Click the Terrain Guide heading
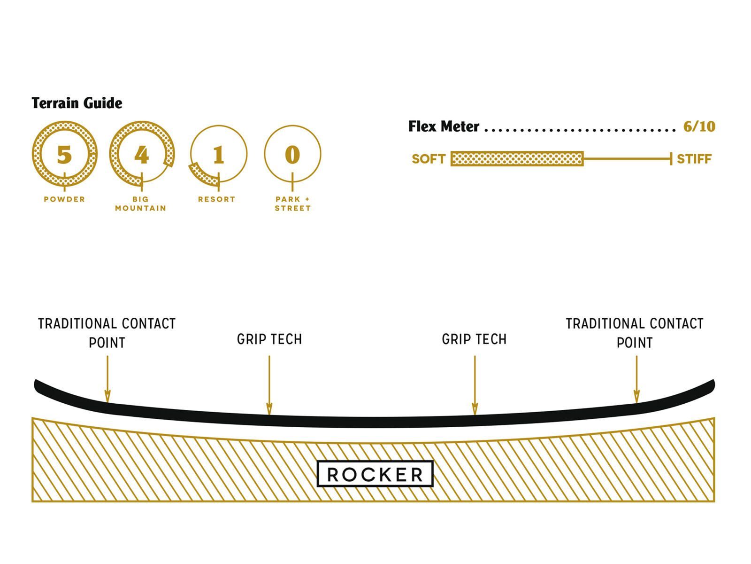coord(77,103)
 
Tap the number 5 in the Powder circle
coord(64,155)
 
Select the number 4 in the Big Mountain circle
coord(141,155)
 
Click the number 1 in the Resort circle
coord(218,155)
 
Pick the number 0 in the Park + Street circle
coord(292,155)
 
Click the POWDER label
coord(64,199)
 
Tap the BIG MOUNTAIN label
coord(141,204)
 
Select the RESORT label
coord(216,199)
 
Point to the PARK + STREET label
coord(293,204)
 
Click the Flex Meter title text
coord(444,126)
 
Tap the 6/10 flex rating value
coord(699,126)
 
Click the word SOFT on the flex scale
coord(428,159)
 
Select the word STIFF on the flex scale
coord(694,159)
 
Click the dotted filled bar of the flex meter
coord(517,159)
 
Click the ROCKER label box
coord(375,474)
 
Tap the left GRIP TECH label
coord(269,339)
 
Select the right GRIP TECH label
coord(474,339)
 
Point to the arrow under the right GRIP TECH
coord(475,385)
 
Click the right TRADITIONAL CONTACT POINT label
coord(634,333)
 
